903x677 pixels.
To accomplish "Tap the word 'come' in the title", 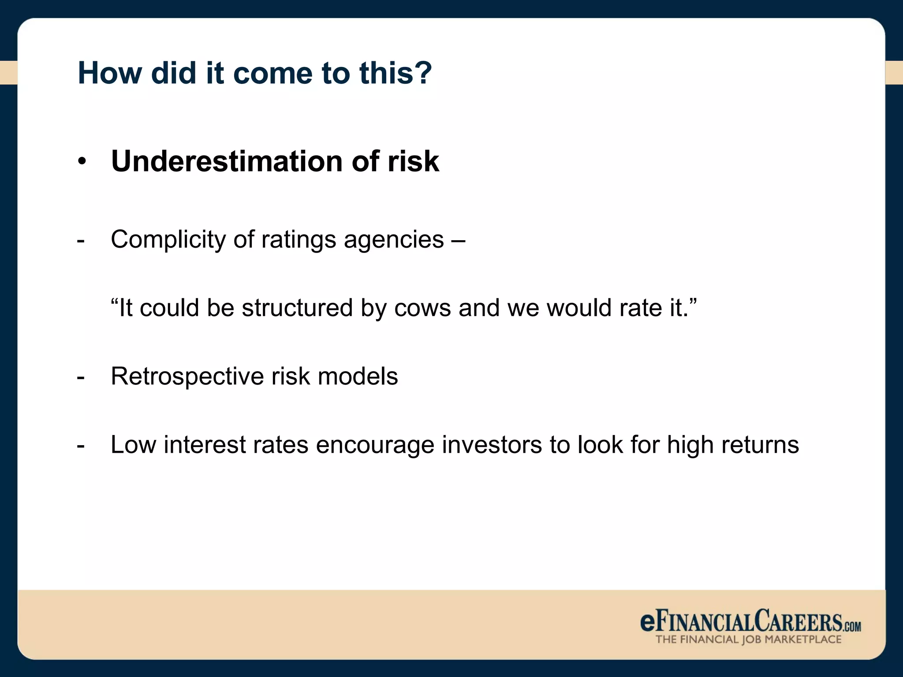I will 272,74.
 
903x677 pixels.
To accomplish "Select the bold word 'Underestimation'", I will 227,161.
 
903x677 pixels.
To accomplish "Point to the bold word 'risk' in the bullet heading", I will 413,161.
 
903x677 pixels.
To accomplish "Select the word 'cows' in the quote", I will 422,308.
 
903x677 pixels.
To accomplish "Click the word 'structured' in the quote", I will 297,308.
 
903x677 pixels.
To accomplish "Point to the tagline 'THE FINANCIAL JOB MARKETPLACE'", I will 748,640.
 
